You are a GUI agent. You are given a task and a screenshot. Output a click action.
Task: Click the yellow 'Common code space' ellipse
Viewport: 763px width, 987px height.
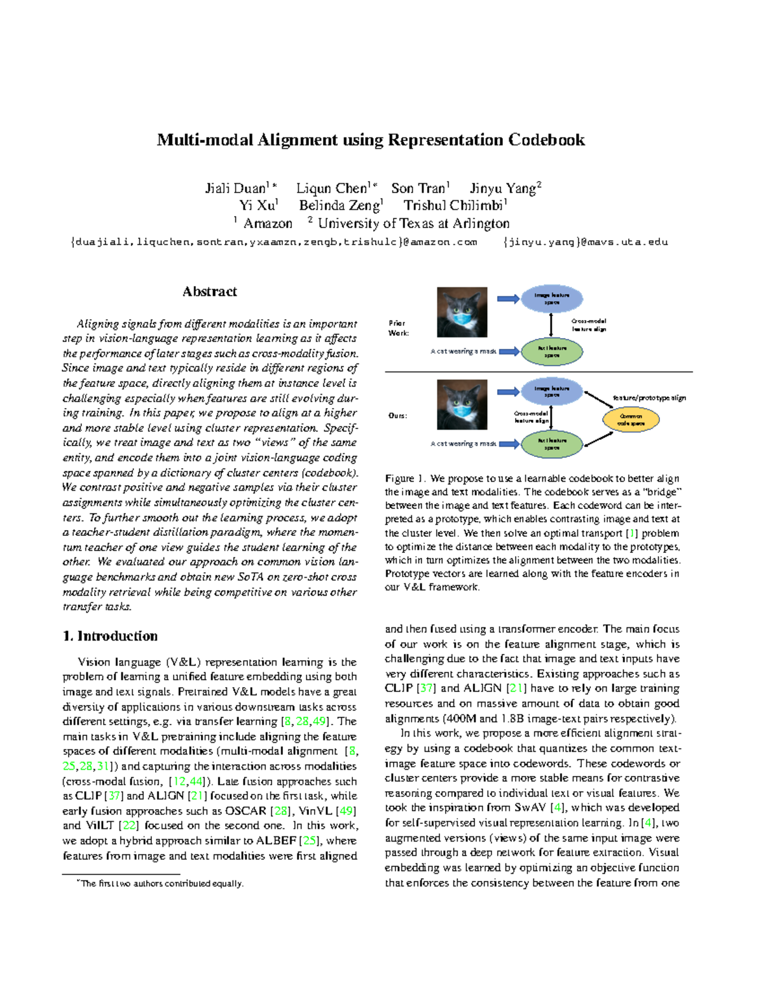click(631, 419)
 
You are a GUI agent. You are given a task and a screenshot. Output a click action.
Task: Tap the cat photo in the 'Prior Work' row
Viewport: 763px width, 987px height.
click(462, 312)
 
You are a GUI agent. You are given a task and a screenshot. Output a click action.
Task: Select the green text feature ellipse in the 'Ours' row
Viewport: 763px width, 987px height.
click(552, 444)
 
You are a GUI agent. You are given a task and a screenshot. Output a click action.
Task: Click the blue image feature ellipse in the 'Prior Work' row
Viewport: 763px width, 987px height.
click(552, 299)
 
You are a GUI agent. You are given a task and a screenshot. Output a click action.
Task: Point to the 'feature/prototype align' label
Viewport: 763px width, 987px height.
click(649, 398)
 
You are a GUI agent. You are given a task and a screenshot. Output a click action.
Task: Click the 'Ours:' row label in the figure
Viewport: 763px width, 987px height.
click(398, 416)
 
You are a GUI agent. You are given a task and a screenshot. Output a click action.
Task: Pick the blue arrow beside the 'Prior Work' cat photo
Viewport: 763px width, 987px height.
click(508, 299)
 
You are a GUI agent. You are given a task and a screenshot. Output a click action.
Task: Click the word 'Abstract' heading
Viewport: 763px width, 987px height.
click(210, 292)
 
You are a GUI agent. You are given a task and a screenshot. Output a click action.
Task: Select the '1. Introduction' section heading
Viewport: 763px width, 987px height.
click(110, 636)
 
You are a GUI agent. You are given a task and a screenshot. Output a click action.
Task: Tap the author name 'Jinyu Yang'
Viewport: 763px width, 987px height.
click(505, 188)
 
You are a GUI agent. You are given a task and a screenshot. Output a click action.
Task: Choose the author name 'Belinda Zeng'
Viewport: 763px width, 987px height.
click(340, 205)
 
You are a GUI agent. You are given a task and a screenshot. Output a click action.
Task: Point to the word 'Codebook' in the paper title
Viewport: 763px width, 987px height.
click(546, 140)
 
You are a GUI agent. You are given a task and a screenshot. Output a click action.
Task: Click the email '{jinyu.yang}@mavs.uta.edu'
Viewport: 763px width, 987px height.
click(585, 242)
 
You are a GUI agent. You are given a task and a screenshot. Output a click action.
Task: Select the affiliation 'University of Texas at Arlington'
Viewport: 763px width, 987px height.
click(413, 224)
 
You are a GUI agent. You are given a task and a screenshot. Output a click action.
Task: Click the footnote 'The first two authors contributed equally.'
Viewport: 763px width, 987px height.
click(162, 883)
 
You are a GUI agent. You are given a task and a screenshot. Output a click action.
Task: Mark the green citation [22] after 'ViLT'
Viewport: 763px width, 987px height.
click(129, 826)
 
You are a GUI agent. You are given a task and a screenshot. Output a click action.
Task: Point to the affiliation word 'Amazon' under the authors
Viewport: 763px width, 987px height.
click(268, 224)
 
